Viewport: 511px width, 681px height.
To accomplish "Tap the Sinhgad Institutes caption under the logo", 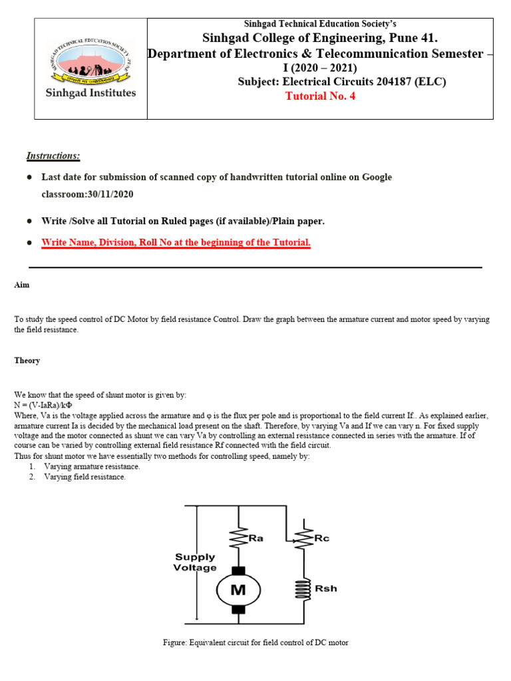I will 90,92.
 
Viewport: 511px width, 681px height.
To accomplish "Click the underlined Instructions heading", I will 53,156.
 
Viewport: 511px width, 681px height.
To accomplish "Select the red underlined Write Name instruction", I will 176,243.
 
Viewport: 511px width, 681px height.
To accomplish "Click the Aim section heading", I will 21,285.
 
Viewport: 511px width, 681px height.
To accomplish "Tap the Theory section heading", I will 27,360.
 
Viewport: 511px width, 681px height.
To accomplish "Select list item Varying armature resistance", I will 92,466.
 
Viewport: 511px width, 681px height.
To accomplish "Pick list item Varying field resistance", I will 85,477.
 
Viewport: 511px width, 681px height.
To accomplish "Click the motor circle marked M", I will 238,589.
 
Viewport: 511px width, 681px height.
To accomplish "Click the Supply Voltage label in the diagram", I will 195,562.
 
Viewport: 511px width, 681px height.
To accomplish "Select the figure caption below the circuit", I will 255,642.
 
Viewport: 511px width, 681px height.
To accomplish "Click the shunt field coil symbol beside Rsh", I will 303,589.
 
